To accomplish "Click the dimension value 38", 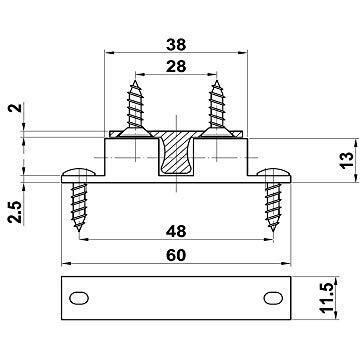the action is point(176,45).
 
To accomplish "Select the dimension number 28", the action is point(176,66).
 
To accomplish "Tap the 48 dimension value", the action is point(176,231).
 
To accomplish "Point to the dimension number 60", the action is point(176,256).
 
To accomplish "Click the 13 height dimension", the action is point(347,160).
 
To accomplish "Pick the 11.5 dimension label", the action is point(327,298).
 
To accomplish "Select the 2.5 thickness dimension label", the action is point(16,212).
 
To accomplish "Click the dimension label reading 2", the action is point(16,108).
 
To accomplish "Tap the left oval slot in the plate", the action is point(79,298).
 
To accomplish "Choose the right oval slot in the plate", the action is point(273,298).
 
